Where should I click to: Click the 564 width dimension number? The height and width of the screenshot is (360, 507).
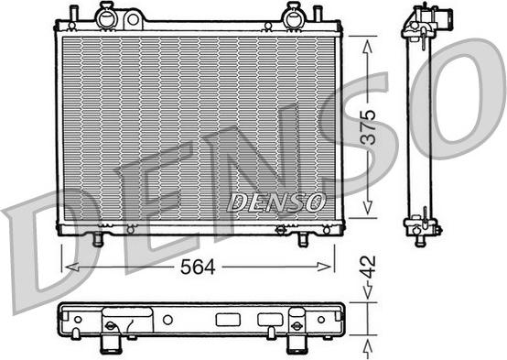(198, 267)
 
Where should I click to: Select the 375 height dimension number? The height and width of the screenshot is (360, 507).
(368, 127)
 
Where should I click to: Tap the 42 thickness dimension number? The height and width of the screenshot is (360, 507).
(368, 267)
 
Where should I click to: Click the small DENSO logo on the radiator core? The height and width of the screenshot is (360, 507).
(276, 202)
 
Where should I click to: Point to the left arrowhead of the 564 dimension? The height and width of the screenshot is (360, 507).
(71, 267)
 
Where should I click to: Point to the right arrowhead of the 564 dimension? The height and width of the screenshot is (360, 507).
(324, 267)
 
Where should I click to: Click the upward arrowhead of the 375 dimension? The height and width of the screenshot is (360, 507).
(368, 46)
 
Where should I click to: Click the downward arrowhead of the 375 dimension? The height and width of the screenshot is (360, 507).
(368, 207)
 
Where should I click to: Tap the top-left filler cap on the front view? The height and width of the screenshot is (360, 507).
(105, 16)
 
